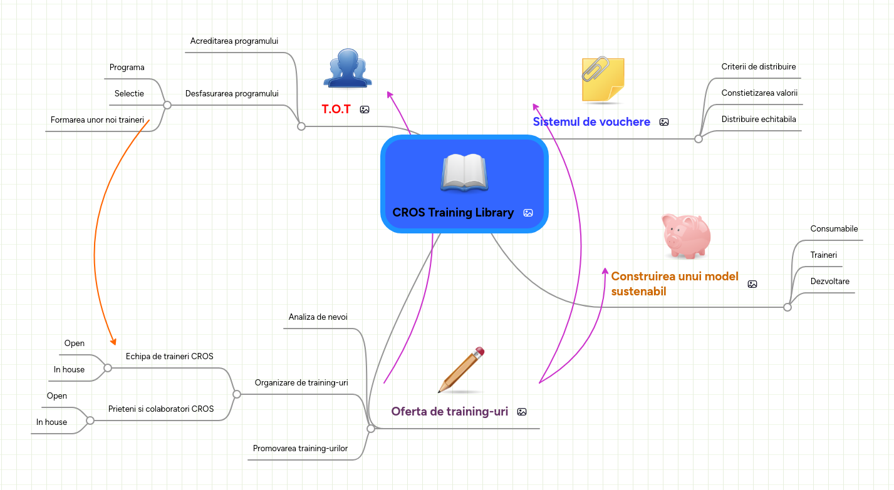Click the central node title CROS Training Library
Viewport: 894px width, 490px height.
[x=453, y=213]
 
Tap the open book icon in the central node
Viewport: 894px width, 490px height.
[x=464, y=173]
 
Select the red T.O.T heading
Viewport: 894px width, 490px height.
[x=336, y=110]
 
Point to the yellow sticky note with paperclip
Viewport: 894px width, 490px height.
[x=602, y=79]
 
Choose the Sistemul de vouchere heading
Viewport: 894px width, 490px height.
[x=591, y=122]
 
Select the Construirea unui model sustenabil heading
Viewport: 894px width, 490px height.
[x=675, y=283]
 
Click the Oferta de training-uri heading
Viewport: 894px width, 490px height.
[x=449, y=412]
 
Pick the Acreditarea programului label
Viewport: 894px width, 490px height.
[x=234, y=41]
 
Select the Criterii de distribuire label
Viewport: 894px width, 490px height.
[x=758, y=67]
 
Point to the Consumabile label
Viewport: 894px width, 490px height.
[x=834, y=229]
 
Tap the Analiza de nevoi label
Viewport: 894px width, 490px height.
[x=318, y=317]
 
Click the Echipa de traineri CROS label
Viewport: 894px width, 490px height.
[x=169, y=357]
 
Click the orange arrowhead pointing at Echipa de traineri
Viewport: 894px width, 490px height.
[x=113, y=342]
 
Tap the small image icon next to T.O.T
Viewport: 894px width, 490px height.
[x=365, y=110]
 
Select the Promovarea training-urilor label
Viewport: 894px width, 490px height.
[x=300, y=449]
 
